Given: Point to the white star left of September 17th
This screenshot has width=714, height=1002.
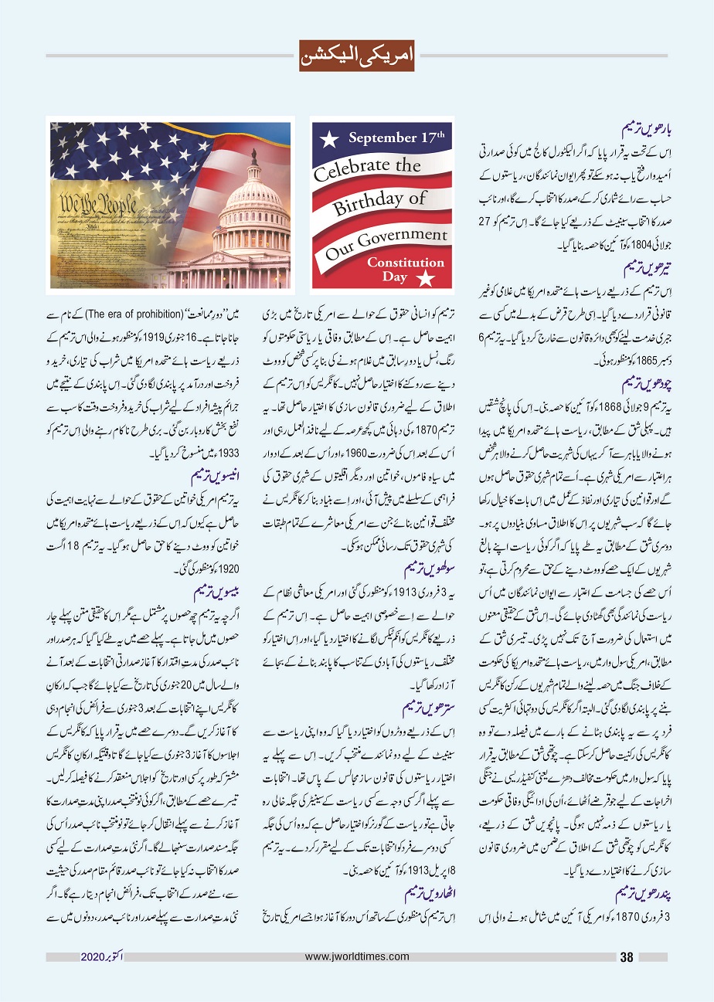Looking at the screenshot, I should (330, 140).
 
